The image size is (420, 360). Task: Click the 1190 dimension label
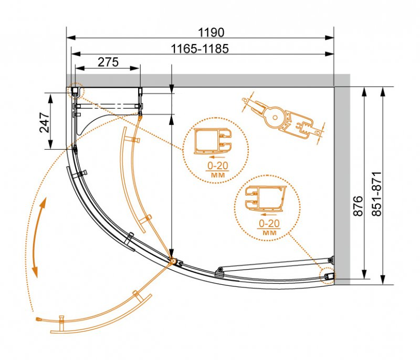point(211,33)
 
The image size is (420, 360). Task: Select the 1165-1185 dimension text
point(200,49)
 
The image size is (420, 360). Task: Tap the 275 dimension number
point(108,62)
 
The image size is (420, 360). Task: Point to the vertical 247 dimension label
point(45,122)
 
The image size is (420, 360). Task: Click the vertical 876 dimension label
point(358,206)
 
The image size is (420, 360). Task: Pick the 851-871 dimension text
point(376,194)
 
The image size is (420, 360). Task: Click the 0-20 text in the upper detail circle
point(218,166)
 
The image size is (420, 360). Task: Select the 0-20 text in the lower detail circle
point(269,223)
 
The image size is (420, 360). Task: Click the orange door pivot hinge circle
point(172,261)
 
